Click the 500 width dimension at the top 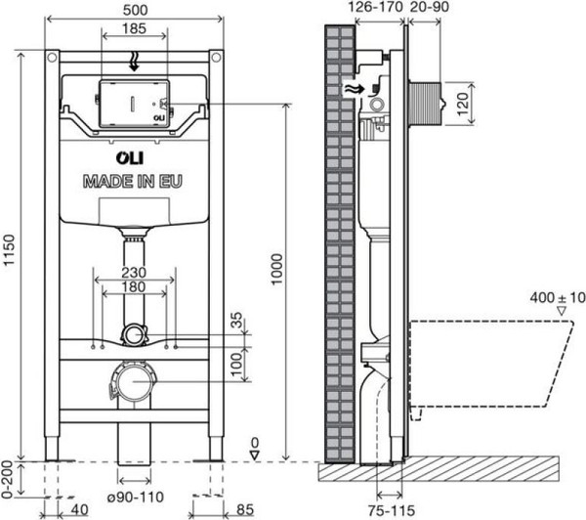click(135, 9)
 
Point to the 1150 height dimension click(10, 253)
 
